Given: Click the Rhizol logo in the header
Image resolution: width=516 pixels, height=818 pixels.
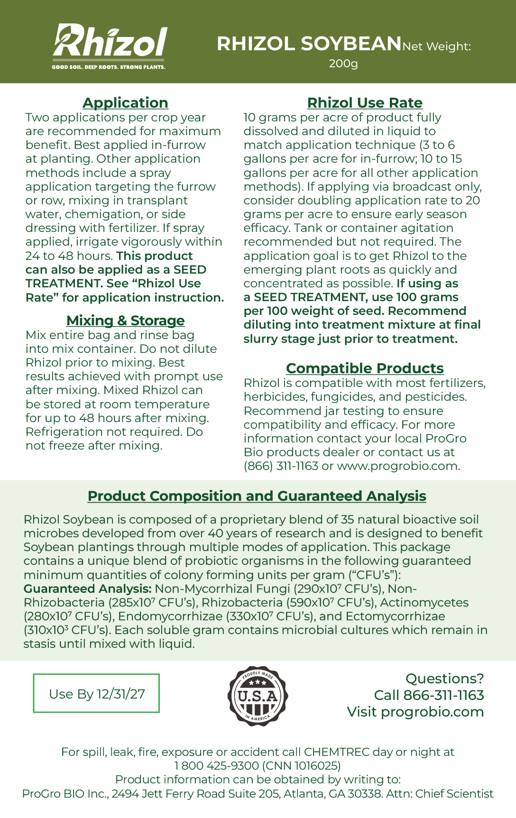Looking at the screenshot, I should (x=110, y=42).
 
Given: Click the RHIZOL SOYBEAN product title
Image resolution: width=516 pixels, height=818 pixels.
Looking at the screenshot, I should (x=309, y=44).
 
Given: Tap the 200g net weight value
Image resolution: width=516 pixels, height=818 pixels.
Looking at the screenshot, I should (x=343, y=64).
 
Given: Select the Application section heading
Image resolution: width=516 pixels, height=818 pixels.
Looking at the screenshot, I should (x=125, y=103).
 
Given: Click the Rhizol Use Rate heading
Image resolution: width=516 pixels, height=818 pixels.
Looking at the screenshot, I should (x=365, y=103).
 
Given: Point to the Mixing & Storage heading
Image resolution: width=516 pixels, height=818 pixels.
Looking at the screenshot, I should (x=125, y=321).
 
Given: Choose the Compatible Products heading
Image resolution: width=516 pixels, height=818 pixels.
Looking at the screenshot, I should (x=365, y=368).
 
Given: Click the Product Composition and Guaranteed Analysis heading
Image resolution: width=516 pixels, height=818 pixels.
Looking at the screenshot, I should (x=257, y=496).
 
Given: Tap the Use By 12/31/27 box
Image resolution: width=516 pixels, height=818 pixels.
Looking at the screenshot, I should (x=96, y=694).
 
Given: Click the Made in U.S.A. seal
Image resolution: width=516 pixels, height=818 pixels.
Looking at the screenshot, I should (x=258, y=696).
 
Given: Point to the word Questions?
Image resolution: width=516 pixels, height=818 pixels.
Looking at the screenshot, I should (x=444, y=679).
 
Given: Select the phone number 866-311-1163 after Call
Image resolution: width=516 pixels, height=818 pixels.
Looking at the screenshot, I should (x=443, y=695).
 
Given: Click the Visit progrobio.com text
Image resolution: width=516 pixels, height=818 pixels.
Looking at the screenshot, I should (x=415, y=712).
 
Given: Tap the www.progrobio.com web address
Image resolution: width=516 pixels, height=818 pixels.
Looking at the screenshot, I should (x=398, y=466).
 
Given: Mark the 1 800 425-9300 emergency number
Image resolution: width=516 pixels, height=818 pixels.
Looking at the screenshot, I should (x=217, y=766).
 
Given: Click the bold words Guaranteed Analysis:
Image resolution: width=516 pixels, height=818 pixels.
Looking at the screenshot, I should (x=88, y=589).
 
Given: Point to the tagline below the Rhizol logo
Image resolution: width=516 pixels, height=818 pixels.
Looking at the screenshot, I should (x=109, y=67).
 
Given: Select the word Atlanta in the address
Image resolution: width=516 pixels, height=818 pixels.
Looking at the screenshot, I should (x=299, y=794).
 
